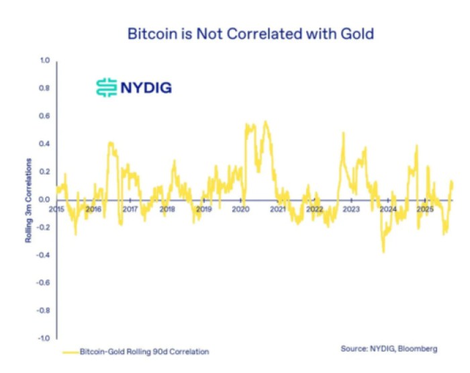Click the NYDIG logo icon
pyautogui.click(x=106, y=87)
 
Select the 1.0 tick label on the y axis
pyautogui.click(x=45, y=60)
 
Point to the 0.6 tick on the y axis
pyautogui.click(x=45, y=116)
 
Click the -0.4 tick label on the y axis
pyautogui.click(x=44, y=255)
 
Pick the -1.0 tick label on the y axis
pyautogui.click(x=44, y=339)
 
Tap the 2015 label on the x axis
pyautogui.click(x=57, y=210)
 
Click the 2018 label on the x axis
pyautogui.click(x=167, y=210)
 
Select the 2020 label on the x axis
pyautogui.click(x=240, y=210)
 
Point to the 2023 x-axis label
pyautogui.click(x=350, y=210)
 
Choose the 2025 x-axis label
pyautogui.click(x=424, y=210)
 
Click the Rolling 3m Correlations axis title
pyautogui.click(x=29, y=200)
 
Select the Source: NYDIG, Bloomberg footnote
pyautogui.click(x=389, y=349)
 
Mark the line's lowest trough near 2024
pyautogui.click(x=383, y=252)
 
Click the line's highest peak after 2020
pyautogui.click(x=266, y=122)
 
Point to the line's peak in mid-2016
pyautogui.click(x=110, y=142)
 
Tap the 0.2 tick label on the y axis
pyautogui.click(x=45, y=172)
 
